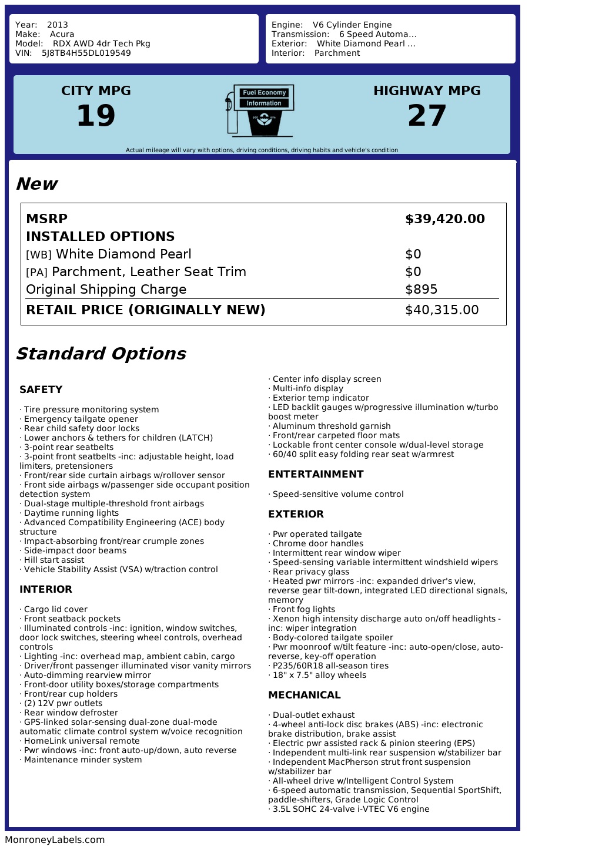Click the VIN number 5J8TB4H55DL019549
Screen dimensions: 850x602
click(x=86, y=53)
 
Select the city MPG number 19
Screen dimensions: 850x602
click(x=96, y=116)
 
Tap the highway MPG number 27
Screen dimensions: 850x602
click(x=427, y=116)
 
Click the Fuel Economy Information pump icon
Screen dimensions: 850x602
click(x=260, y=110)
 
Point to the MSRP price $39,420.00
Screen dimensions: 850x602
click(x=444, y=219)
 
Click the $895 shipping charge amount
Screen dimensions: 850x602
click(x=421, y=290)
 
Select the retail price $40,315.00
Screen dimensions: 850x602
click(x=442, y=310)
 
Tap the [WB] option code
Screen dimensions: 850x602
click(x=39, y=255)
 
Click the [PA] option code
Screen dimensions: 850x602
click(x=36, y=273)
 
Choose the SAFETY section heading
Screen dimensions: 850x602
click(x=41, y=389)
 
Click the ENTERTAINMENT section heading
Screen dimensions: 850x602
click(x=316, y=474)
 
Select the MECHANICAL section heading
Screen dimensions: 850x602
click(x=304, y=695)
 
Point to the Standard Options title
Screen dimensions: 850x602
click(x=101, y=354)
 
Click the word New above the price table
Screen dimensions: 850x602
click(x=36, y=184)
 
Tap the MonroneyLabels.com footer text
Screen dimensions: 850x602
click(x=55, y=840)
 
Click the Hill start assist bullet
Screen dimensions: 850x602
click(x=53, y=560)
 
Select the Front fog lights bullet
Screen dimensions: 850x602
click(x=303, y=609)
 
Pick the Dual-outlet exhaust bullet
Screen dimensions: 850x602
click(x=313, y=715)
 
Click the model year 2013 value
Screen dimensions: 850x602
click(x=58, y=25)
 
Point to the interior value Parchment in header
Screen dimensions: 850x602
click(x=337, y=53)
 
